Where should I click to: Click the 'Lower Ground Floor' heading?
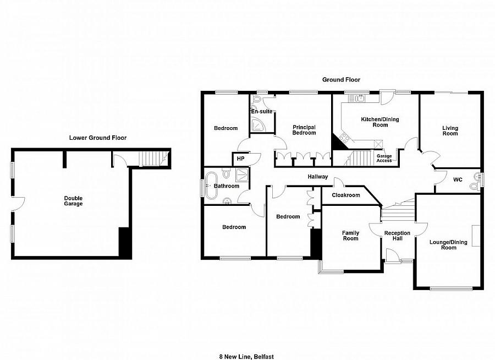click(x=98, y=138)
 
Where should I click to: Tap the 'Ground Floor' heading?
click(x=341, y=80)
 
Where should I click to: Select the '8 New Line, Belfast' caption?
click(x=246, y=357)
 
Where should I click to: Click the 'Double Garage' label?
click(x=73, y=201)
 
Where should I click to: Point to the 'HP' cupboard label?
click(x=240, y=159)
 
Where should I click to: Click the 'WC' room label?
click(x=458, y=179)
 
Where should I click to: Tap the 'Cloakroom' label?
click(x=346, y=195)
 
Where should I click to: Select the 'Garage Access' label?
click(x=384, y=159)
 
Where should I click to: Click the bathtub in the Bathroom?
click(x=211, y=186)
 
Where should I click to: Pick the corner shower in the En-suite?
click(x=258, y=124)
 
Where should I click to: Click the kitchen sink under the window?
click(x=360, y=99)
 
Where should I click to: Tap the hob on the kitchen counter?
click(x=343, y=138)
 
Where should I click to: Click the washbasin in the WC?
click(x=474, y=187)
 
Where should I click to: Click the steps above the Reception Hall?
click(x=398, y=210)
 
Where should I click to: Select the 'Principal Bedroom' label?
click(x=304, y=130)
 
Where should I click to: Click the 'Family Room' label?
click(x=350, y=236)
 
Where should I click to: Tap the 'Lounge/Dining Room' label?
click(x=448, y=244)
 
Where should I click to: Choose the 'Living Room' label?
click(x=450, y=130)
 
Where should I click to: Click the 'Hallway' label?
click(x=318, y=177)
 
